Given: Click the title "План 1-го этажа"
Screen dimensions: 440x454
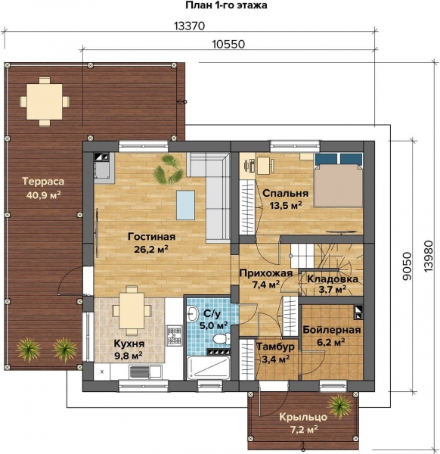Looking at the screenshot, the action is (226, 5).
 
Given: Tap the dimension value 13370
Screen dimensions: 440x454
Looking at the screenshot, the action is (190, 26).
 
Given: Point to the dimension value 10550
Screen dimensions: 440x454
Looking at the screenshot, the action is (228, 45).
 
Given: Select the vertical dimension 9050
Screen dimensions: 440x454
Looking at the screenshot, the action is (407, 266).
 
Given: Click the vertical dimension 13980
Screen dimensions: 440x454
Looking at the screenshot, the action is (429, 256).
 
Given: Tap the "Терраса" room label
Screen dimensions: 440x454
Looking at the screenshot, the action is (43, 182).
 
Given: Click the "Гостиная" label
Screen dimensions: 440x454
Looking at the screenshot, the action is (152, 237).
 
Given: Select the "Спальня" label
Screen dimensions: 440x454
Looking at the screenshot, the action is (286, 194).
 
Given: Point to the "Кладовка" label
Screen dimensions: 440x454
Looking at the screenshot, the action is (333, 278).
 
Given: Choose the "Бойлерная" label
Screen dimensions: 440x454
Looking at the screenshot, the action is (332, 330).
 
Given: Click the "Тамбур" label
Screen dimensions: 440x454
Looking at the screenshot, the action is (276, 347).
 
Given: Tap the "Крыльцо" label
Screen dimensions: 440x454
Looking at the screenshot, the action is (303, 417).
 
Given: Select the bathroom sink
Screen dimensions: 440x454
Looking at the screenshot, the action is (192, 313).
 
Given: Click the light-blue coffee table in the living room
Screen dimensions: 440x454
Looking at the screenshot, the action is (186, 205).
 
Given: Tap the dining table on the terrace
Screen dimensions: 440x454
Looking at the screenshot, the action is (45, 101).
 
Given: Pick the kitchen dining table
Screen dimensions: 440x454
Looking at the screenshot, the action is (132, 310).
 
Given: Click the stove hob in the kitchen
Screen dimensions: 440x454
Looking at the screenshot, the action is (174, 335).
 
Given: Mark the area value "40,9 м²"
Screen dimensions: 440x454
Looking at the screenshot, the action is (44, 195).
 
